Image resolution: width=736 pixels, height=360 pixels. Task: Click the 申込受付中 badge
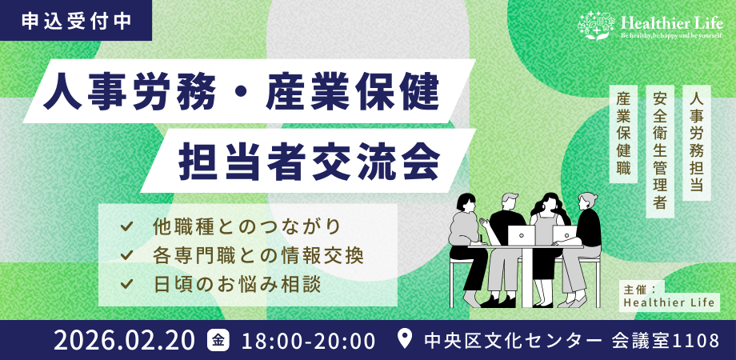[x=75, y=21]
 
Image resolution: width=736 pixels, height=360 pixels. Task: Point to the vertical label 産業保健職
[x=625, y=132]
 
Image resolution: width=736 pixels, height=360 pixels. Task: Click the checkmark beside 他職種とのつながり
[x=126, y=226]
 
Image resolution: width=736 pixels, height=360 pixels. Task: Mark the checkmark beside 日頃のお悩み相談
[x=126, y=284]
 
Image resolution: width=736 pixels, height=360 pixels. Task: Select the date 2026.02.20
[x=124, y=340]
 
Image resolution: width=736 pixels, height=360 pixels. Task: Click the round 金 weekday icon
[x=218, y=340]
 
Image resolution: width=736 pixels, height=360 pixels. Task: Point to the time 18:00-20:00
[x=308, y=340]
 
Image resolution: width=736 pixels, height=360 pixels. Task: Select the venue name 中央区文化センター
[x=513, y=340]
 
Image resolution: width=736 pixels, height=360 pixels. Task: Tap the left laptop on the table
[x=522, y=235]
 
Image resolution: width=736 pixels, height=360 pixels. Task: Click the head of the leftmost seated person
[x=466, y=202]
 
